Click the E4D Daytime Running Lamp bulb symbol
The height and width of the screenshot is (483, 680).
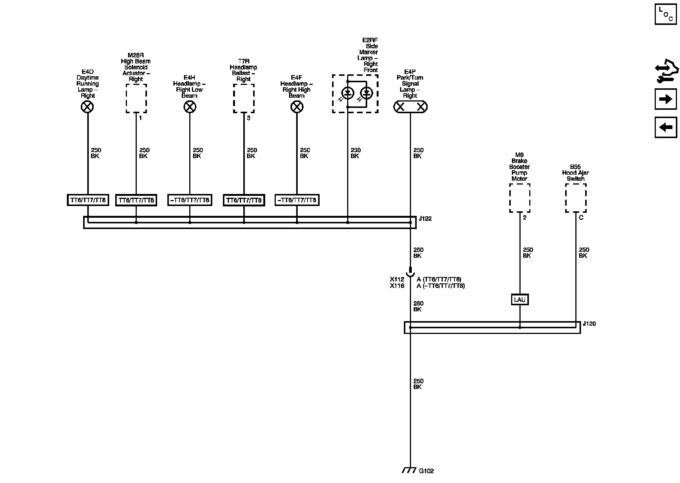87,107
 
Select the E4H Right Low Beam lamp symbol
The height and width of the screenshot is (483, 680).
190,107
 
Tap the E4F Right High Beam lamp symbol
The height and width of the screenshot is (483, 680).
297,107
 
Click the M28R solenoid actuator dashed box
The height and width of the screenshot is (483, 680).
136,98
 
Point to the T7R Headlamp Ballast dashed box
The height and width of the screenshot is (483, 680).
244,98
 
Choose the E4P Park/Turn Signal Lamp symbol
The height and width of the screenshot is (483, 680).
410,107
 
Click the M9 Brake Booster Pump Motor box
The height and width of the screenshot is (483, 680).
519,198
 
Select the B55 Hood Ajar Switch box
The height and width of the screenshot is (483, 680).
575,198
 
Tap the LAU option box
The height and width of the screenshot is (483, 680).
520,300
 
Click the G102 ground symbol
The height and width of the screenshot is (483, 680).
409,471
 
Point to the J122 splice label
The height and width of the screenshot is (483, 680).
425,218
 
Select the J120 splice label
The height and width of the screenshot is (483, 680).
589,324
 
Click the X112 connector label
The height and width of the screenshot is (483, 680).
397,280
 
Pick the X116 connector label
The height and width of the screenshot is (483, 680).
397,286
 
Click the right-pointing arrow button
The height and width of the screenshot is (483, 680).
666,99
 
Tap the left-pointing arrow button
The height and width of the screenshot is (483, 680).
666,127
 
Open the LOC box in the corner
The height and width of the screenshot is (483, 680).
666,14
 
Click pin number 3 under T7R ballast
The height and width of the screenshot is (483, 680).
248,118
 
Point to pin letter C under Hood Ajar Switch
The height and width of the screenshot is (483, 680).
581,218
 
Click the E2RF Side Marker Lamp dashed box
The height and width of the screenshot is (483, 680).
355,94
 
